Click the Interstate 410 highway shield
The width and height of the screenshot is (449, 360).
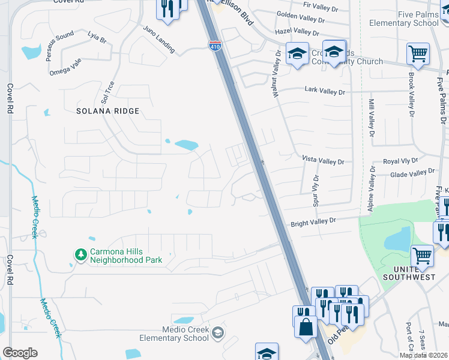214,45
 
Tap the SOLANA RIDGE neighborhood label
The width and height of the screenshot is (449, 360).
108,111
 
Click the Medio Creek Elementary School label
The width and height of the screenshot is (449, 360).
185,334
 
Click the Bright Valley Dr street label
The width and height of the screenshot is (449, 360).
312,221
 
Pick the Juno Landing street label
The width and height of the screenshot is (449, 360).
159,40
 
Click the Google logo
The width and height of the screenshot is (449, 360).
20,352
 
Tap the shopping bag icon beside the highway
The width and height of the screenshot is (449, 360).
306,328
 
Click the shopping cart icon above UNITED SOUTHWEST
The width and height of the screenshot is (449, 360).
422,255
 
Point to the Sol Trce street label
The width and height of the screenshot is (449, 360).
109,91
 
